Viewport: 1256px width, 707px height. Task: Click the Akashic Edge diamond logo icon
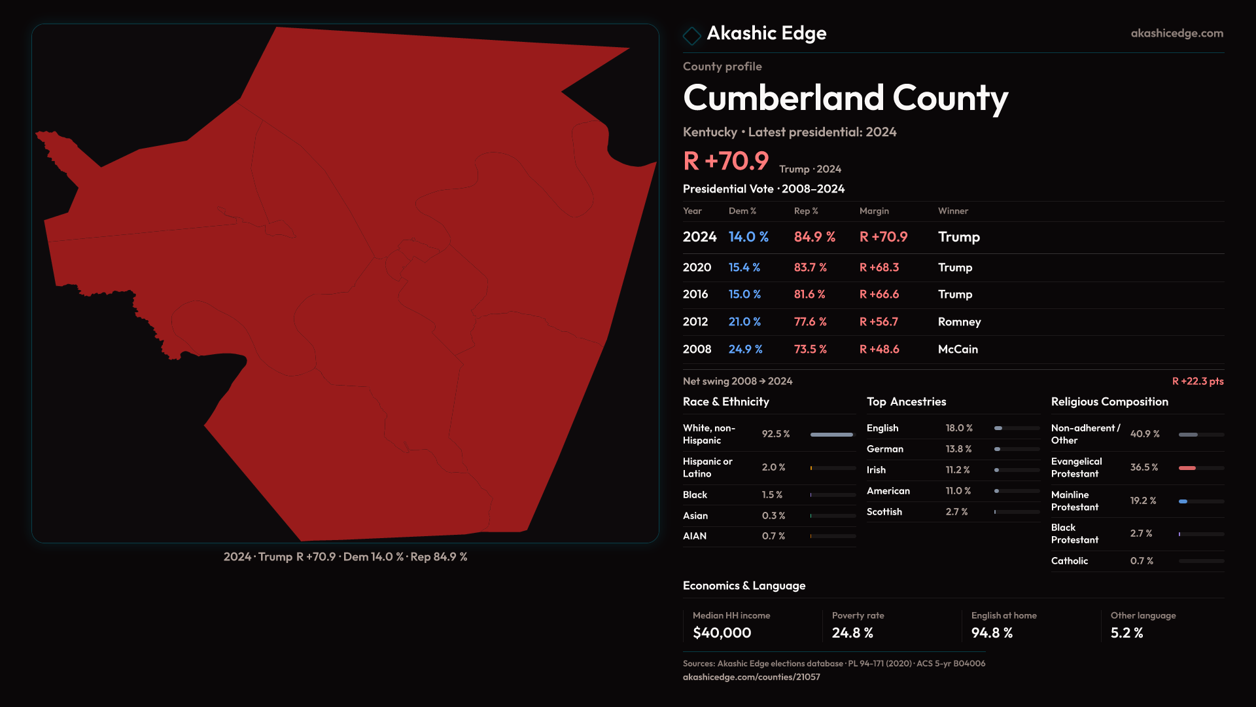click(x=691, y=35)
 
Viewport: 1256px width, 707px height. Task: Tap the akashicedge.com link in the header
click(x=1176, y=33)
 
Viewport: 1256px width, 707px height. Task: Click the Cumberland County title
click(x=845, y=98)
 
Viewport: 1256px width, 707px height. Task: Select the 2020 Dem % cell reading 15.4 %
click(x=744, y=268)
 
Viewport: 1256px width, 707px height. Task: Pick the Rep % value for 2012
click(x=810, y=322)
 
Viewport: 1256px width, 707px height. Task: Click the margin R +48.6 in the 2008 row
click(x=879, y=350)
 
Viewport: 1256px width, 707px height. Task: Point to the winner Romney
click(x=959, y=322)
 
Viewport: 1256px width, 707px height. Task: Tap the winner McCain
click(x=958, y=350)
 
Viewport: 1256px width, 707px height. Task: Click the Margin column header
click(x=874, y=211)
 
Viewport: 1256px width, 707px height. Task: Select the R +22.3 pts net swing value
click(x=1197, y=382)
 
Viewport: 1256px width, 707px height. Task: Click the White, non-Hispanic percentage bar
click(x=832, y=435)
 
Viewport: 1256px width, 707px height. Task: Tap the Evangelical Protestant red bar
click(x=1187, y=468)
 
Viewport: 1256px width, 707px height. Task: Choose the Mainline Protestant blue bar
click(x=1183, y=501)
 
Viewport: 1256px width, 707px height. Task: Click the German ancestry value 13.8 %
click(x=958, y=449)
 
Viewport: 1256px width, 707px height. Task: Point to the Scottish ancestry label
click(x=884, y=512)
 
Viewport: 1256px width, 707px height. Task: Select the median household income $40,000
click(x=722, y=633)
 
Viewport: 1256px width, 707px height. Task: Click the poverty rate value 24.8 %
click(x=852, y=633)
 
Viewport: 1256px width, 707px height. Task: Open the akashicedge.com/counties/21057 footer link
click(x=751, y=678)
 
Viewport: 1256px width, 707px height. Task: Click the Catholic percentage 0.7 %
click(x=1142, y=561)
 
